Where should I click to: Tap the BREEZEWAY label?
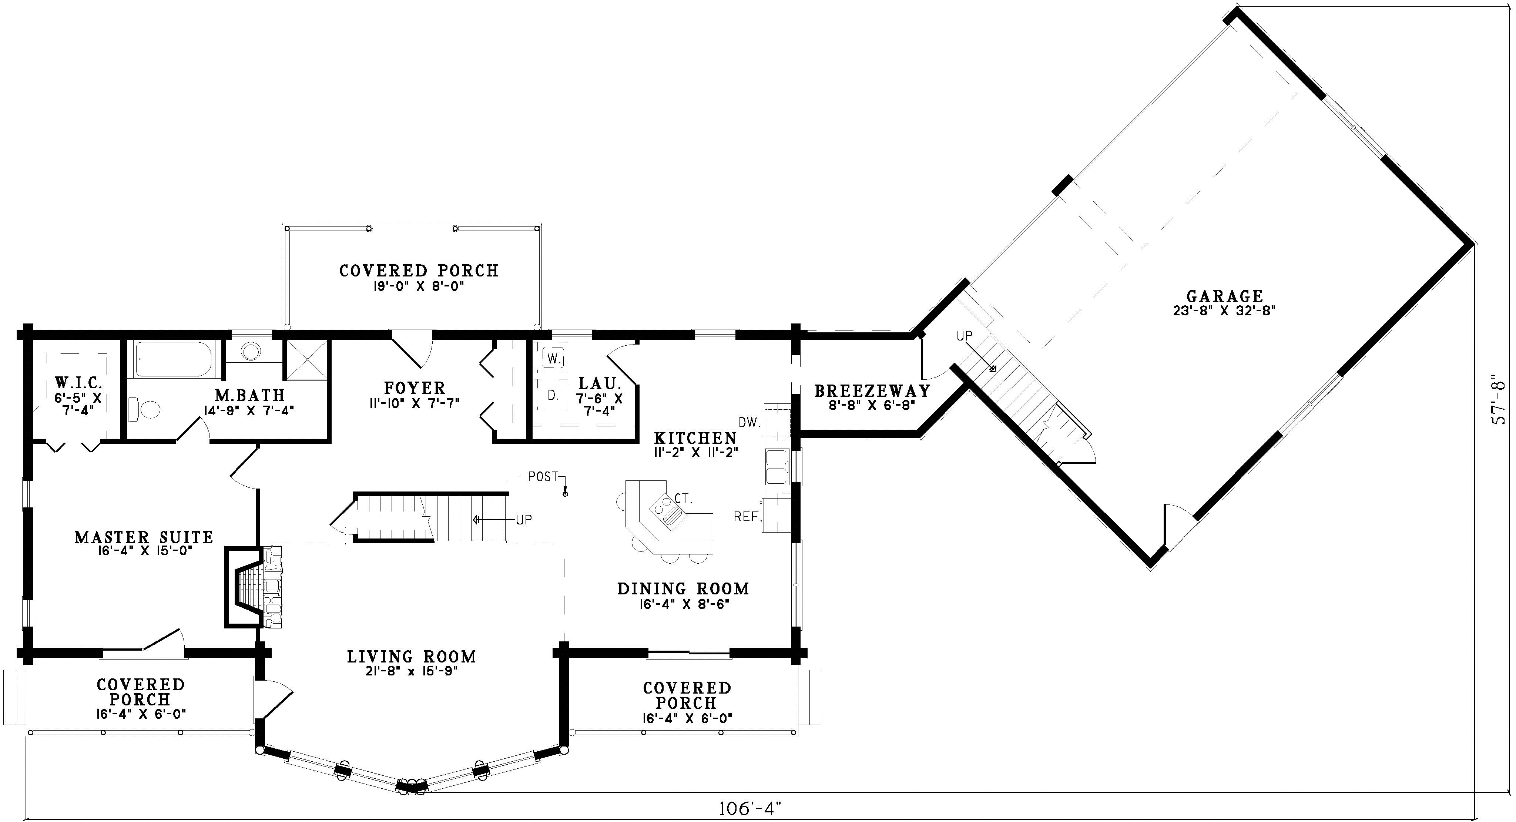(x=872, y=391)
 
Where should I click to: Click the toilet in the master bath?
(x=144, y=409)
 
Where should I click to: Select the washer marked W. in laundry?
(x=551, y=358)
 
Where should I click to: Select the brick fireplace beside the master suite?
(x=253, y=587)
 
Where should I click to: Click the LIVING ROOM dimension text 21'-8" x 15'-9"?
(x=411, y=671)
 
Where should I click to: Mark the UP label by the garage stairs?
(x=965, y=336)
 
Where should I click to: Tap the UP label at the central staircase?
(x=524, y=520)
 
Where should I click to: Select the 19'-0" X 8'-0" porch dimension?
(x=419, y=286)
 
